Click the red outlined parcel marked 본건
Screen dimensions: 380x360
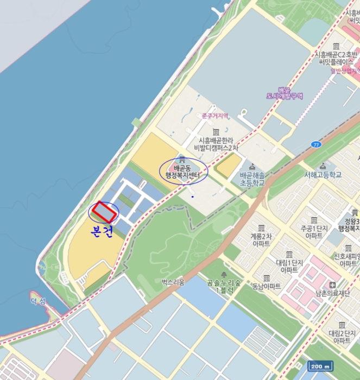pos(104,212)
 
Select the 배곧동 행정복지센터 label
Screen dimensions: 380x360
pos(183,172)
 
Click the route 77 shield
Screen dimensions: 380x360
pos(315,144)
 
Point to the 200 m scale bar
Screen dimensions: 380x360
pos(320,366)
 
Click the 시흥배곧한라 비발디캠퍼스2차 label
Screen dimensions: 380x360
pos(216,144)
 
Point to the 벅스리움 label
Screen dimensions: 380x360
pos(173,282)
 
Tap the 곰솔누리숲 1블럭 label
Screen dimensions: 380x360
pos(224,286)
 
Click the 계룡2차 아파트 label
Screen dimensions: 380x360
pos(261,240)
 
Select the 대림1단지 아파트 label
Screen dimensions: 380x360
pos(287,265)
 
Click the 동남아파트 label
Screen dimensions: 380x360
pos(267,286)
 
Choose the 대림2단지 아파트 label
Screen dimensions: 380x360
pos(342,336)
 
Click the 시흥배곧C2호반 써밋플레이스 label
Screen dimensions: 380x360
pos(336,58)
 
